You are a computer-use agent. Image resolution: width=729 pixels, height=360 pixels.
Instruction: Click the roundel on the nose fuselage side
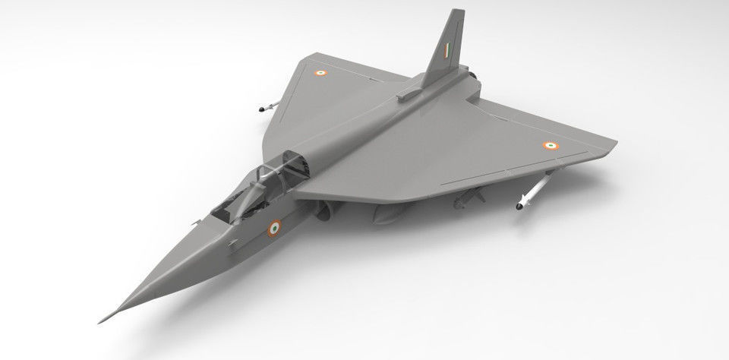coord(274,226)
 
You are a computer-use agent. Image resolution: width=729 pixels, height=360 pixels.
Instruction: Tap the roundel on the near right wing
coord(549,144)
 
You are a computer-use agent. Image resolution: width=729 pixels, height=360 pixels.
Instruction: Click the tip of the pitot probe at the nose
coord(99,321)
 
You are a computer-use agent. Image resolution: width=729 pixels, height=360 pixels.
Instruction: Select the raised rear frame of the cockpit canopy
coord(291,163)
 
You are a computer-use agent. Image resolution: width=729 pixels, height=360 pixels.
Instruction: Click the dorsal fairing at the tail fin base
coord(411,95)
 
